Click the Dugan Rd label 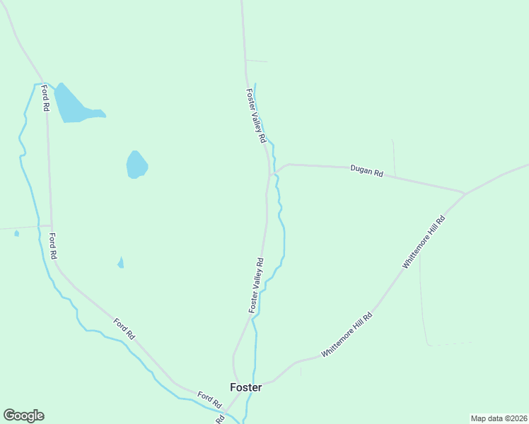366,171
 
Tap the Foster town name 246,387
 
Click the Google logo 23,416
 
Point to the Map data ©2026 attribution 499,418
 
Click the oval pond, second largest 136,165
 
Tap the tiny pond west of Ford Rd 16,233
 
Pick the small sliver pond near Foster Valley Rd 121,263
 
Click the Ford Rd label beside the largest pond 45,98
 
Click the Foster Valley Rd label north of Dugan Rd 255,117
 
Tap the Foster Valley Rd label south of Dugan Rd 256,285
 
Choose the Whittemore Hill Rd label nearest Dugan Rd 424,241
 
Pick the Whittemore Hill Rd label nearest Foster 347,335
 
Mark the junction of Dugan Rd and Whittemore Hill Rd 465,192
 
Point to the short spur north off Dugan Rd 394,157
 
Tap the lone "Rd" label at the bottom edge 220,419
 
